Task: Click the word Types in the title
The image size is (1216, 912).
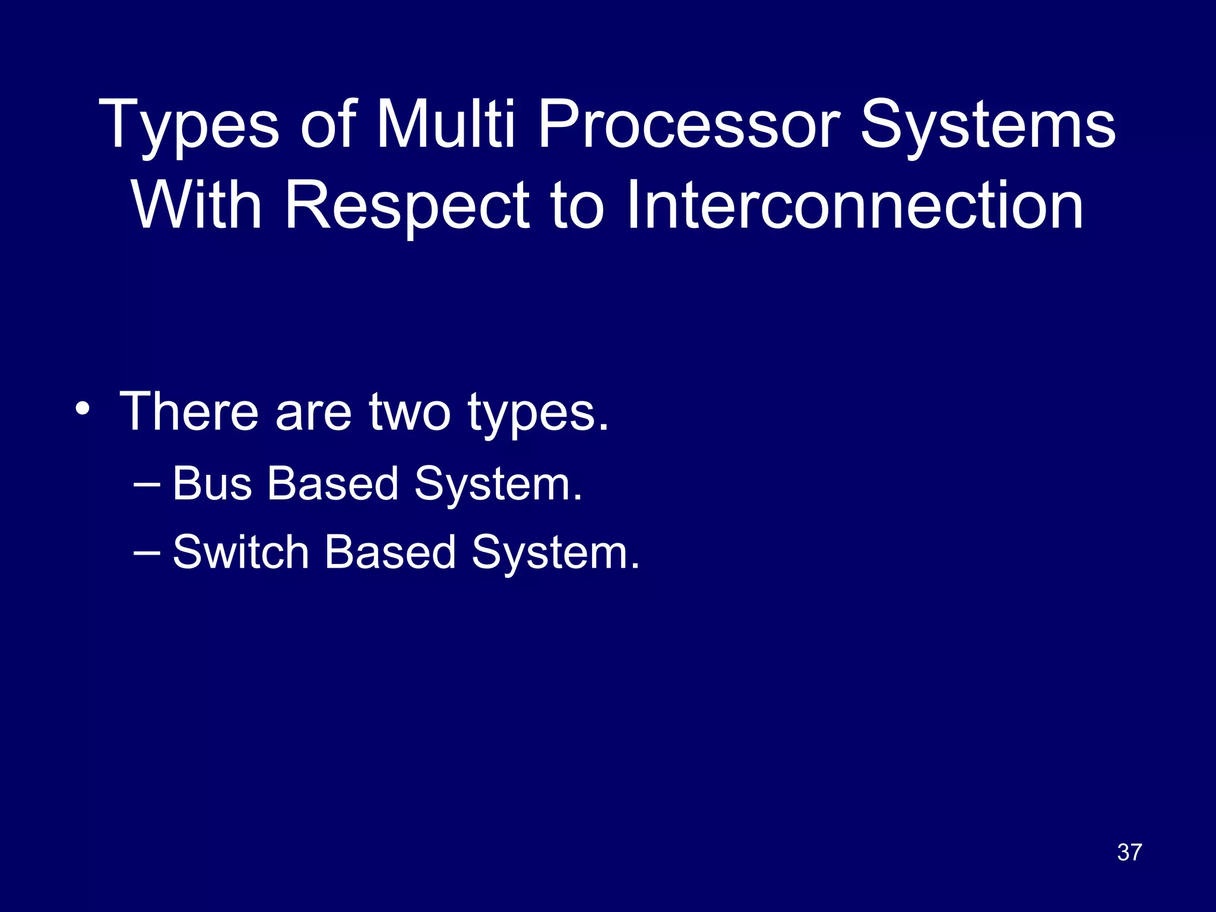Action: click(189, 126)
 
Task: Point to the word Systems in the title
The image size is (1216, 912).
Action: click(988, 126)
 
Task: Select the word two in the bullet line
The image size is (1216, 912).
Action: click(410, 412)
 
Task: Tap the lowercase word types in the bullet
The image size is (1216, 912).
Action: click(538, 416)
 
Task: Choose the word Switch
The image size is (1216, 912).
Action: click(240, 552)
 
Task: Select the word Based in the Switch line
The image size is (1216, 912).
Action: click(390, 552)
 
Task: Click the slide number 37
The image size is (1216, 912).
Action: click(1129, 852)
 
